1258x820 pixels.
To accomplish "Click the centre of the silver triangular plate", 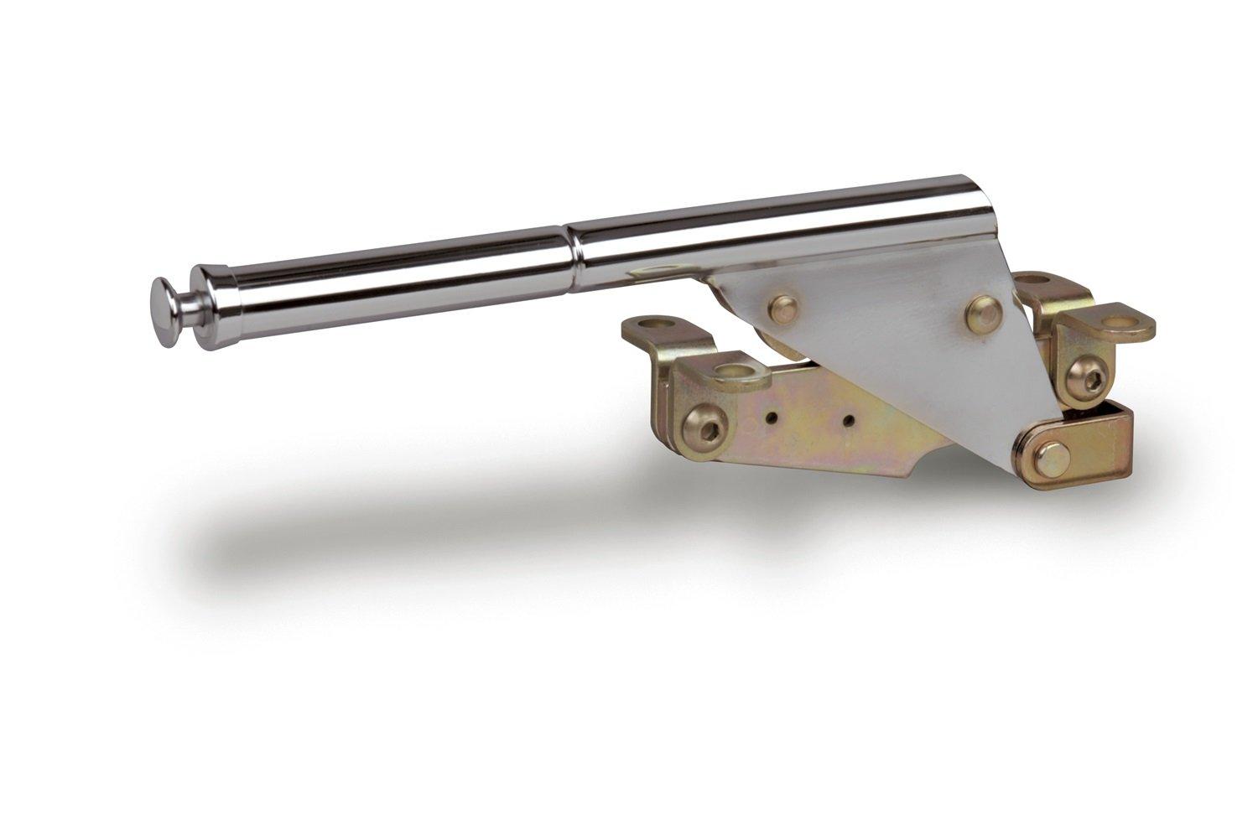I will [889, 335].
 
